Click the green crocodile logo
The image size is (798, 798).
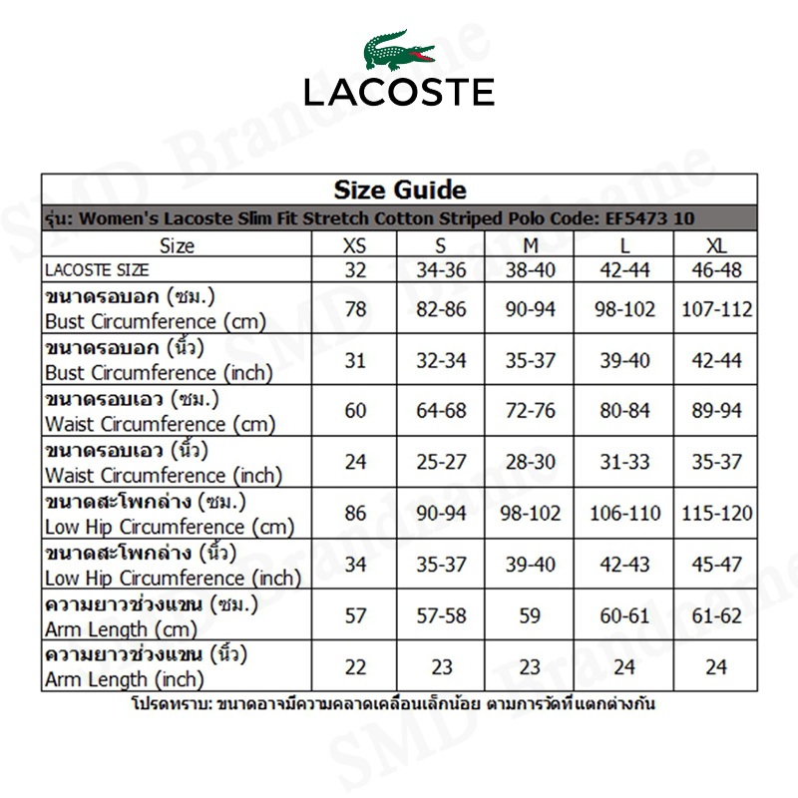pos(398,50)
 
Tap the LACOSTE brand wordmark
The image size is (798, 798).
pos(399,92)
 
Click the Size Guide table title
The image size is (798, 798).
pos(399,190)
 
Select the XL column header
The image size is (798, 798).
pos(716,245)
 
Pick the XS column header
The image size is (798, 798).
pos(355,245)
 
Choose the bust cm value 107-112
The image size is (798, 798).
pos(716,309)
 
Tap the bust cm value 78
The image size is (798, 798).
pos(355,309)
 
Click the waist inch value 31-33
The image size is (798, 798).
pos(624,463)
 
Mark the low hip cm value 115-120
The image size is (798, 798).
pos(716,514)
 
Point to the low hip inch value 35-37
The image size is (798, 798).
pos(442,565)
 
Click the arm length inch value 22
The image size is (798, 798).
pos(355,667)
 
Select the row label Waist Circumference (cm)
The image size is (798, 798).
pos(146,424)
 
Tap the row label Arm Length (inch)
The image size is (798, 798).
pos(125,680)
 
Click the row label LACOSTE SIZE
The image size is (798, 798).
pos(97,270)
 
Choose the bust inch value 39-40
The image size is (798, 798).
pos(624,360)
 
